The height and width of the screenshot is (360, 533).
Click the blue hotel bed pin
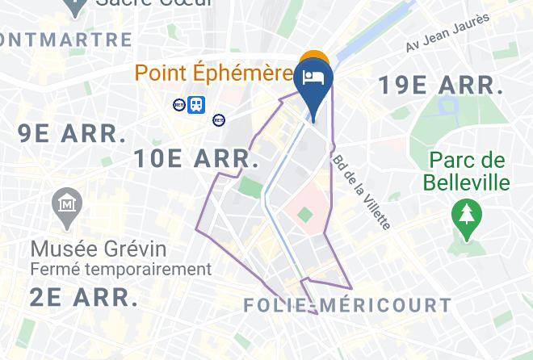(313, 82)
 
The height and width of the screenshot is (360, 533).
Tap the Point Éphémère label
(213, 73)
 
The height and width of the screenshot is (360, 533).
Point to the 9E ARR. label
(72, 132)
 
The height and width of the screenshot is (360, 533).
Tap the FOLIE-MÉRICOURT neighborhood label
(346, 306)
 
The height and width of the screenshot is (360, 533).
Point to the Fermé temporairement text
(120, 269)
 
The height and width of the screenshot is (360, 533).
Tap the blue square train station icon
(196, 104)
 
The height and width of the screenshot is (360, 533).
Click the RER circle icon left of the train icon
(179, 104)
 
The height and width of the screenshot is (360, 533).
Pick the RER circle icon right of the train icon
(219, 119)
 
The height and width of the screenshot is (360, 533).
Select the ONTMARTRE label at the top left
(66, 39)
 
